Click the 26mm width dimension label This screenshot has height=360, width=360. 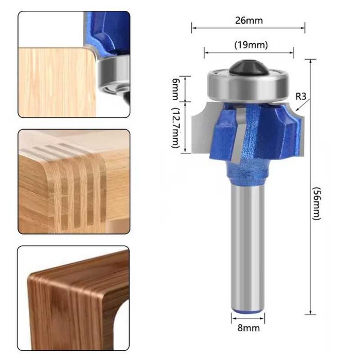(248, 21)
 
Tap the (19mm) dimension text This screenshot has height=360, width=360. (251, 45)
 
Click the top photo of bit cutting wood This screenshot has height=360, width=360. (74, 64)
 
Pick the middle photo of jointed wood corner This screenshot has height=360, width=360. (74, 182)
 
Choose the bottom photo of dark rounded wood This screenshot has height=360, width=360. (74, 298)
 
